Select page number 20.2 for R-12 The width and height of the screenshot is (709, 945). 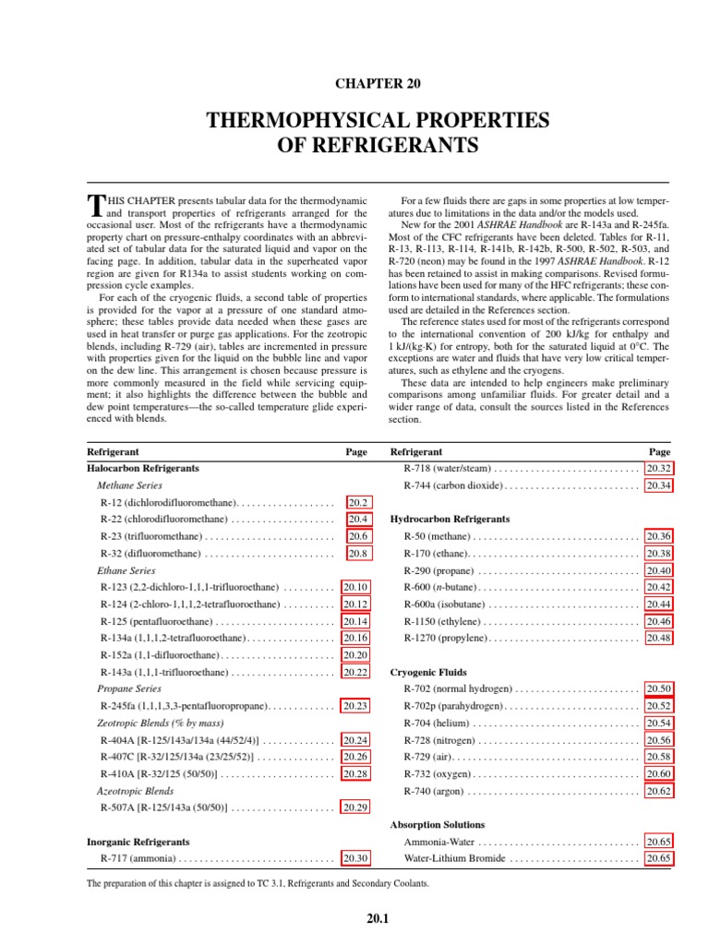(358, 502)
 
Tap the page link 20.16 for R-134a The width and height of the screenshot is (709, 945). (355, 638)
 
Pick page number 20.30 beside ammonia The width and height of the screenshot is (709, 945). (355, 858)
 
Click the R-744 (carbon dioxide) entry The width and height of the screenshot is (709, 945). (453, 485)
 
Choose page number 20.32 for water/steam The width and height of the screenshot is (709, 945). (659, 469)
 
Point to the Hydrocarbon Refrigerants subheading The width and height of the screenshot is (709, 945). (451, 519)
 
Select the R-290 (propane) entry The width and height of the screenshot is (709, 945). (439, 569)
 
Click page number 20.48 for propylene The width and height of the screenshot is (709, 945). (659, 638)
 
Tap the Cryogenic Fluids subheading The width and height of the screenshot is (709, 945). (428, 672)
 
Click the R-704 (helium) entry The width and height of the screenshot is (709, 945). (438, 723)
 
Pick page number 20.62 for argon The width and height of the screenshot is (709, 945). (659, 791)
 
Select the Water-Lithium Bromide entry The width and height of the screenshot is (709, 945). (454, 858)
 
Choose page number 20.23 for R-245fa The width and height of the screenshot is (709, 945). (355, 706)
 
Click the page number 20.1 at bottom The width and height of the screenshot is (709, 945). (378, 919)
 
